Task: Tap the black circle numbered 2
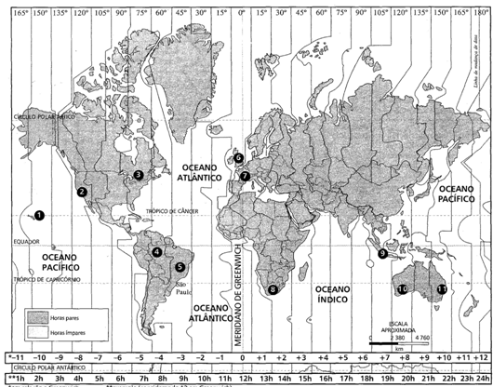click(x=83, y=192)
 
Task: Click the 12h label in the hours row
click(x=241, y=380)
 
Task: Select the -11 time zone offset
click(x=14, y=357)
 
